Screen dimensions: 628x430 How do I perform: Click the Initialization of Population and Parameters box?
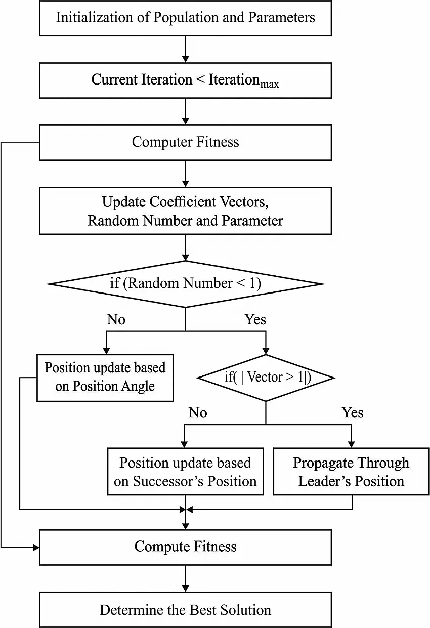pos(185,18)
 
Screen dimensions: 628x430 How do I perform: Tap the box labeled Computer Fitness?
pos(185,142)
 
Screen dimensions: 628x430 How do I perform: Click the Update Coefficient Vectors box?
pos(185,211)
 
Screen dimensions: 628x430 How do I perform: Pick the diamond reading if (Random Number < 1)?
pos(185,283)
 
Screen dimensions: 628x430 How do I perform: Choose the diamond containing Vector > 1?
pos(266,378)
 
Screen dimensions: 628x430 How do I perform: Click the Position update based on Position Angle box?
pos(105,377)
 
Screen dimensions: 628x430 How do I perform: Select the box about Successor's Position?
pos(185,472)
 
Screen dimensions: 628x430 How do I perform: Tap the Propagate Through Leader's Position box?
pos(351,472)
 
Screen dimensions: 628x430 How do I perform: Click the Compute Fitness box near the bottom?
pos(185,547)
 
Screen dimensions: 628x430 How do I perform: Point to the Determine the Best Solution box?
pos(185,610)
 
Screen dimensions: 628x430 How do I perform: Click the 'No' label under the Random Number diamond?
pos(116,319)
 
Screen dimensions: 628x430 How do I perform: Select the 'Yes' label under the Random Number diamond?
pos(255,319)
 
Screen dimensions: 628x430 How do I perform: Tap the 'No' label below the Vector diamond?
pos(198,413)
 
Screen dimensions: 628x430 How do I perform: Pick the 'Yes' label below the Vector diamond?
pos(352,413)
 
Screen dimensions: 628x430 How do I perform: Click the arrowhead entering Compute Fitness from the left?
pos(36,547)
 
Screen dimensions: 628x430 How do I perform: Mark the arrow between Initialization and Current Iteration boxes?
pos(186,49)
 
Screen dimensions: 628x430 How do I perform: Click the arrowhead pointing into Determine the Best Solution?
pos(186,589)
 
